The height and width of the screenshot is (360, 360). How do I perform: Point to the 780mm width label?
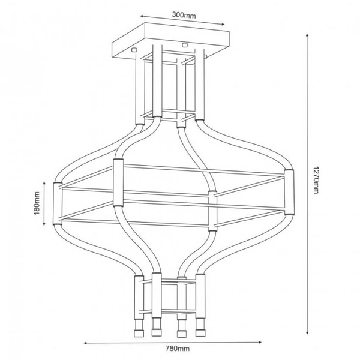pyautogui.click(x=178, y=349)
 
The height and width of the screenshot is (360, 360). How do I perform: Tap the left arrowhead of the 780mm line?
pyautogui.click(x=85, y=343)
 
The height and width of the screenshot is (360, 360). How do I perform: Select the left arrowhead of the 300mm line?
pyautogui.click(x=140, y=17)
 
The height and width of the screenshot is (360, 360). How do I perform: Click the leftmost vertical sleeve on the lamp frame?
pyautogui.click(x=58, y=202)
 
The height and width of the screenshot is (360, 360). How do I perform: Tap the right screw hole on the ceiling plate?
pyautogui.click(x=184, y=44)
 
